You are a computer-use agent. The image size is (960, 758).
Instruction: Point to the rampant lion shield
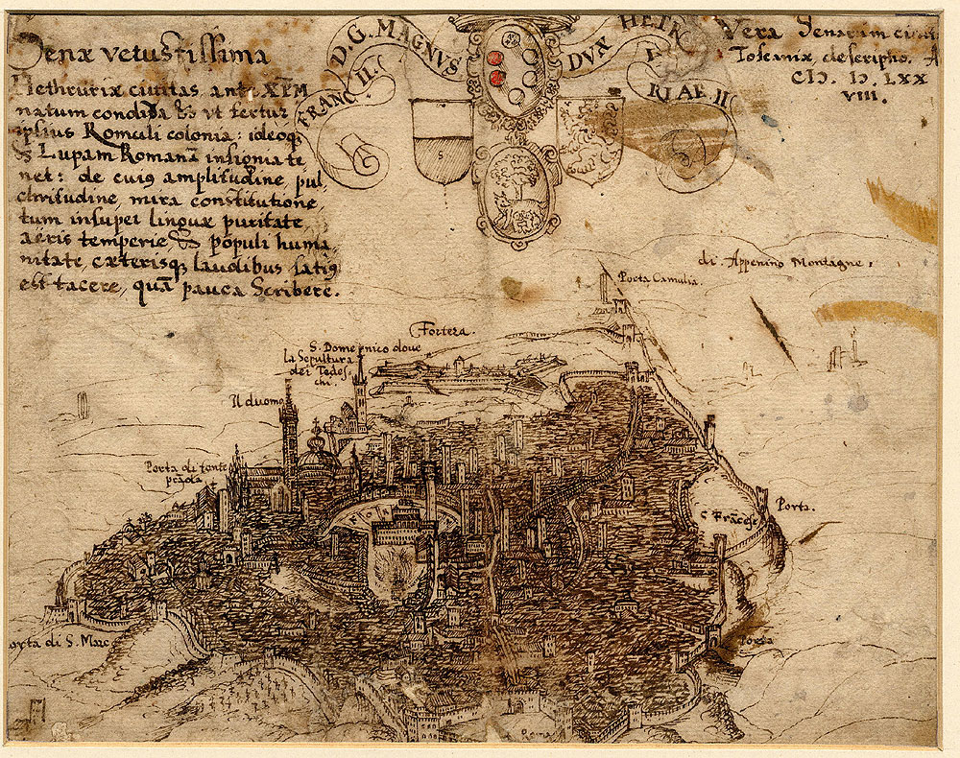(589, 135)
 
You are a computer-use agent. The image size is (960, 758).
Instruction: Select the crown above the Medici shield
(506, 23)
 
